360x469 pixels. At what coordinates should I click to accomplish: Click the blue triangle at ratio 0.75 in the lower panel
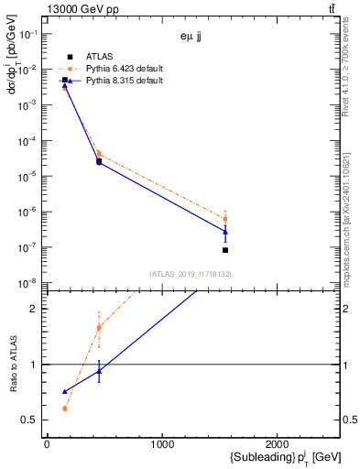pyautogui.click(x=64, y=391)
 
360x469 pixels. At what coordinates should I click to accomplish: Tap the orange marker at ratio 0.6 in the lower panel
pyautogui.click(x=64, y=409)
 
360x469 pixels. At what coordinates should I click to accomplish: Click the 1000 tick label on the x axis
pyautogui.click(x=162, y=445)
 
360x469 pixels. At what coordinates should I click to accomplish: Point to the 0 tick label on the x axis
pyautogui.click(x=47, y=445)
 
